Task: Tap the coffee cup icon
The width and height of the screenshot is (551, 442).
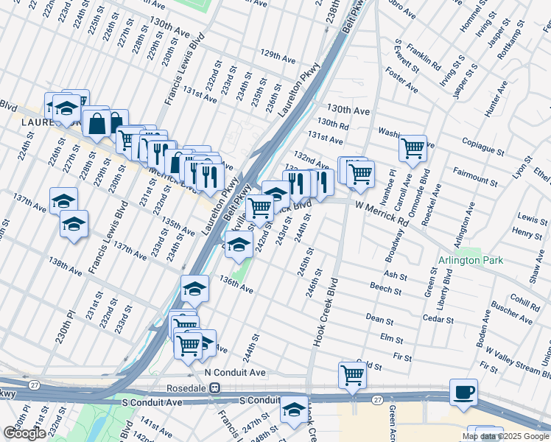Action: click(x=463, y=392)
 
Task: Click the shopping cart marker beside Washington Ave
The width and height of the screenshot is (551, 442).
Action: click(x=413, y=148)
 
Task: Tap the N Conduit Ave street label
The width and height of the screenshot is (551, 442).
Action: click(x=235, y=373)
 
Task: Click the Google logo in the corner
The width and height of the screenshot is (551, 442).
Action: click(x=24, y=433)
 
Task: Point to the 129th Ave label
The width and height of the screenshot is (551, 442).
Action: click(x=277, y=57)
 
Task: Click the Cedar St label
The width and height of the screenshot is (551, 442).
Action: click(x=438, y=318)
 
